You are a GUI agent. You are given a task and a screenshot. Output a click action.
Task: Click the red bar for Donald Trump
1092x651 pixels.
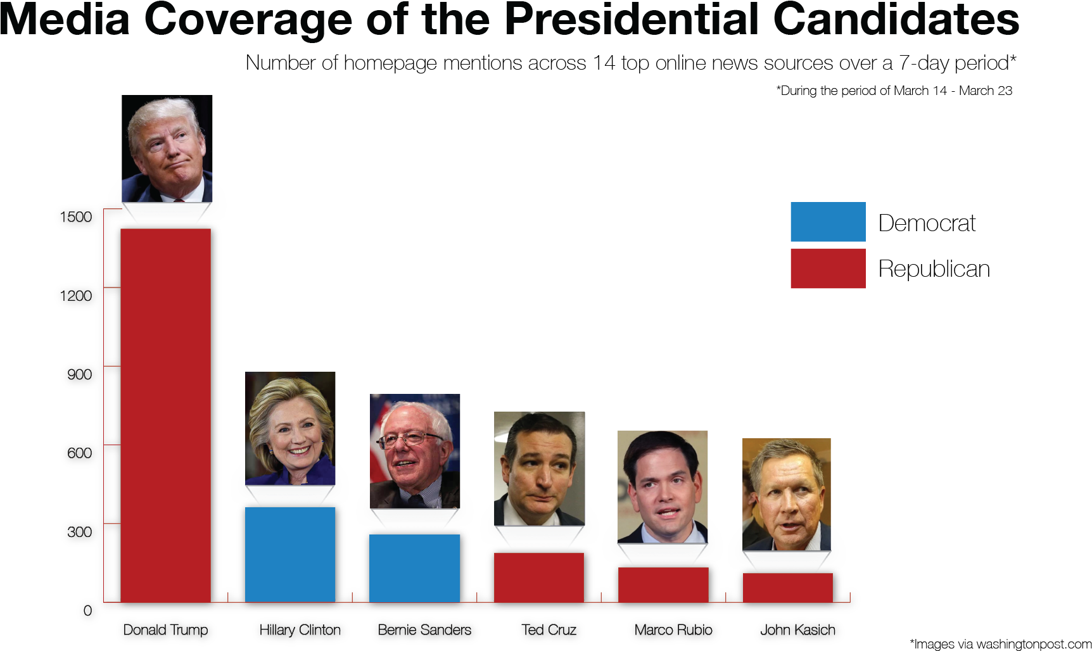point(165,415)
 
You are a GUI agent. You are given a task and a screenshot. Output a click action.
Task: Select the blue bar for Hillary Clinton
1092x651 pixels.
point(290,554)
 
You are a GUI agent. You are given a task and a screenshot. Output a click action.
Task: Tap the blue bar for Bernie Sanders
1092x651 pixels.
point(415,568)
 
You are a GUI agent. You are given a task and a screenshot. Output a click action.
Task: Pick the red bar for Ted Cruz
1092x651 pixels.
point(539,577)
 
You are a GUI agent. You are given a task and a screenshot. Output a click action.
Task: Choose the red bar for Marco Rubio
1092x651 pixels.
point(663,585)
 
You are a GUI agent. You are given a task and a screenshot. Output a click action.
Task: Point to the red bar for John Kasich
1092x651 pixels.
point(787,587)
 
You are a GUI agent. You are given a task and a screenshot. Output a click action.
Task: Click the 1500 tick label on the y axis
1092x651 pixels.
point(76,217)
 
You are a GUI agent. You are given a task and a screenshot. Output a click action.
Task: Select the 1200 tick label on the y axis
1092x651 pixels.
point(76,296)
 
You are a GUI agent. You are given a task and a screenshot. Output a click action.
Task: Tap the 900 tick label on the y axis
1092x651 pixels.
point(79,374)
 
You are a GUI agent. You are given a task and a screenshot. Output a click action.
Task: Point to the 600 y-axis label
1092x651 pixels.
point(79,453)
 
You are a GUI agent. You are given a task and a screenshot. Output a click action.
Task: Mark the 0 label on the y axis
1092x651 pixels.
point(87,610)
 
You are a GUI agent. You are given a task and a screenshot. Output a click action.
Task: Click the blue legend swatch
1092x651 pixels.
point(828,222)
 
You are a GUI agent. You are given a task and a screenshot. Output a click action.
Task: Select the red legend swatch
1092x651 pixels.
point(828,269)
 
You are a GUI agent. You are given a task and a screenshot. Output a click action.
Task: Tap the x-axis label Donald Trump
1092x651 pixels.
point(165,630)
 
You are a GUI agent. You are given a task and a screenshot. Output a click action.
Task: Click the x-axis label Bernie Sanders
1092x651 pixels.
point(424,630)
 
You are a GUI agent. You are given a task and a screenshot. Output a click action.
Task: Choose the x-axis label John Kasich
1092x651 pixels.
point(797,630)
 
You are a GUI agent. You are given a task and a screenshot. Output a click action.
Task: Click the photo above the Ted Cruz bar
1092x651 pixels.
point(539,469)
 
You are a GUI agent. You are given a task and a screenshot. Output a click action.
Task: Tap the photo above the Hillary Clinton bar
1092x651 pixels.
point(290,429)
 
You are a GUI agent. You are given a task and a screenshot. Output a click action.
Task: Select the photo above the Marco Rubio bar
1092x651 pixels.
point(663,487)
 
